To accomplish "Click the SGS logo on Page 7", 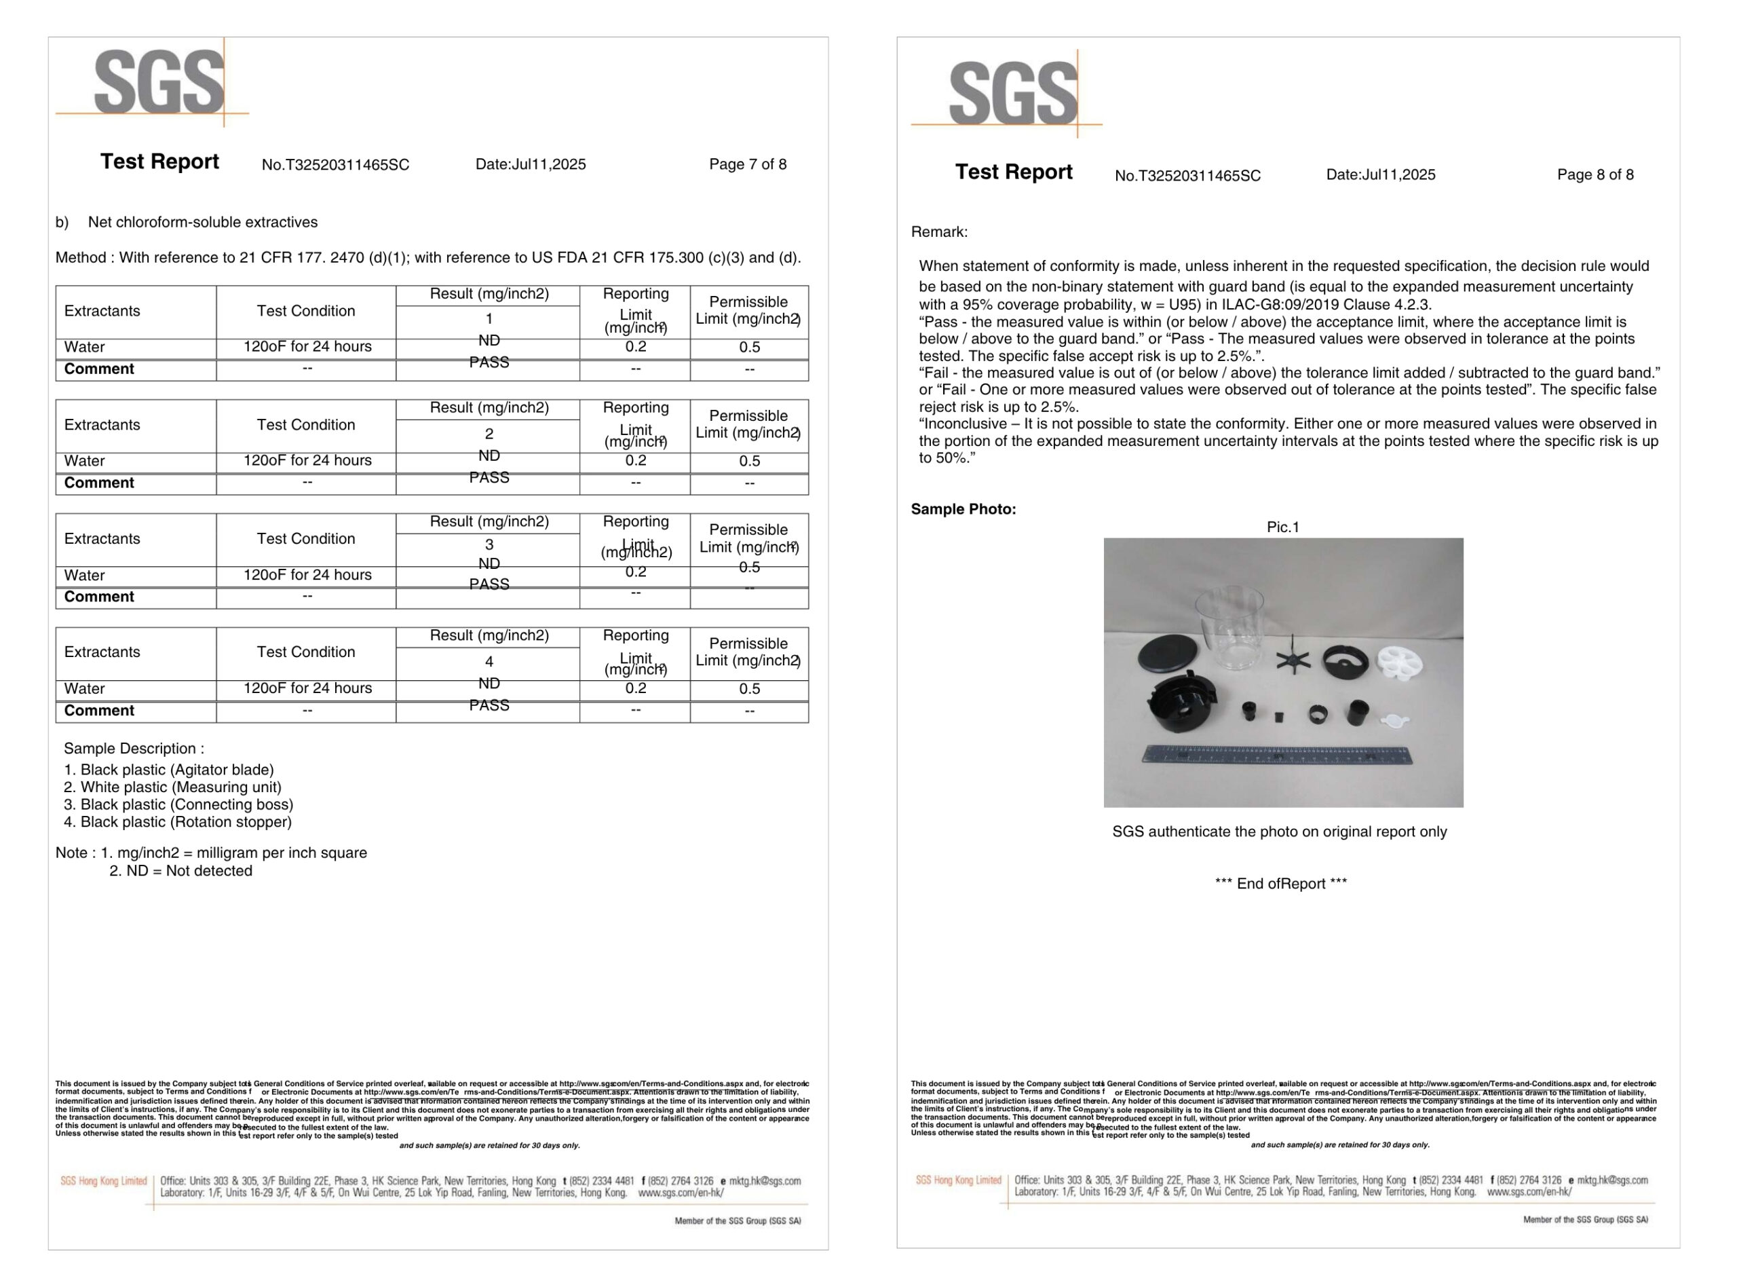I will point(159,82).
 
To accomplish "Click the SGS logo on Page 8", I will point(1013,93).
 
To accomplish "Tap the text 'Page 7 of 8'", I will point(748,164).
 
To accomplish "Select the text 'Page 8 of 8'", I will point(1595,174).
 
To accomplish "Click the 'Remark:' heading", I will point(939,232).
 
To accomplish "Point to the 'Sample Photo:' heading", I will point(963,510).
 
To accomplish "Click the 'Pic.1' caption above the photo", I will point(1282,527).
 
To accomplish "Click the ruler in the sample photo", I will point(1277,754).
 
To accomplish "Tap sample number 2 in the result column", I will point(489,434).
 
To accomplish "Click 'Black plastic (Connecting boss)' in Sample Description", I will point(186,805).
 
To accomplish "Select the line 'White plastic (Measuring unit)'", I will point(180,787).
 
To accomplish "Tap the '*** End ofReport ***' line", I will point(1280,883).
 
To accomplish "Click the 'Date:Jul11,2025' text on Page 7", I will point(530,164).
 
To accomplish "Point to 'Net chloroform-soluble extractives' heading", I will point(202,223).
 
